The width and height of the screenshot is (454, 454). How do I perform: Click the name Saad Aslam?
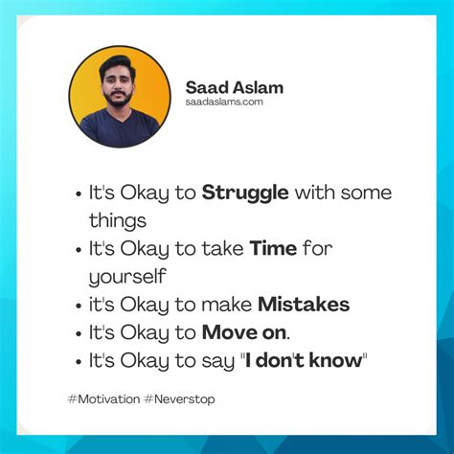[x=235, y=87]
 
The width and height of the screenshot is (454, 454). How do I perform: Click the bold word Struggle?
[x=244, y=193]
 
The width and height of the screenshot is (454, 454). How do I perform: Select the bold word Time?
[x=272, y=250]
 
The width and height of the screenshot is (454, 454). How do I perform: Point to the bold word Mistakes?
[x=303, y=306]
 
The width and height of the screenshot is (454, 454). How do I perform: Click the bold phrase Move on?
[x=243, y=333]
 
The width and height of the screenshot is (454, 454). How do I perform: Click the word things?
[x=118, y=221]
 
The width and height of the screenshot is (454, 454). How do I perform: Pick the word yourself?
[x=127, y=278]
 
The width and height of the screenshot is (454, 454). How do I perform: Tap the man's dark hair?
[x=117, y=69]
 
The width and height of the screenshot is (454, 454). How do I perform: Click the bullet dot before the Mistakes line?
[x=76, y=306]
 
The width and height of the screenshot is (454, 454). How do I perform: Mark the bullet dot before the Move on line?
[x=76, y=334]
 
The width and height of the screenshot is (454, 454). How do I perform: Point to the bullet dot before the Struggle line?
[x=76, y=194]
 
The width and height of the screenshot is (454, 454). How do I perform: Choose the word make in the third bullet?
[x=226, y=306]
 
